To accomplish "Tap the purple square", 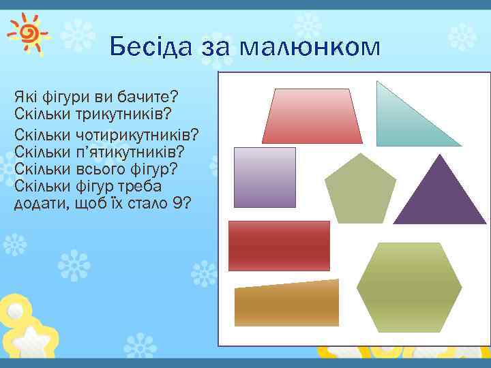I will point(265,177).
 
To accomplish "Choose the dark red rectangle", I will point(279,246).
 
